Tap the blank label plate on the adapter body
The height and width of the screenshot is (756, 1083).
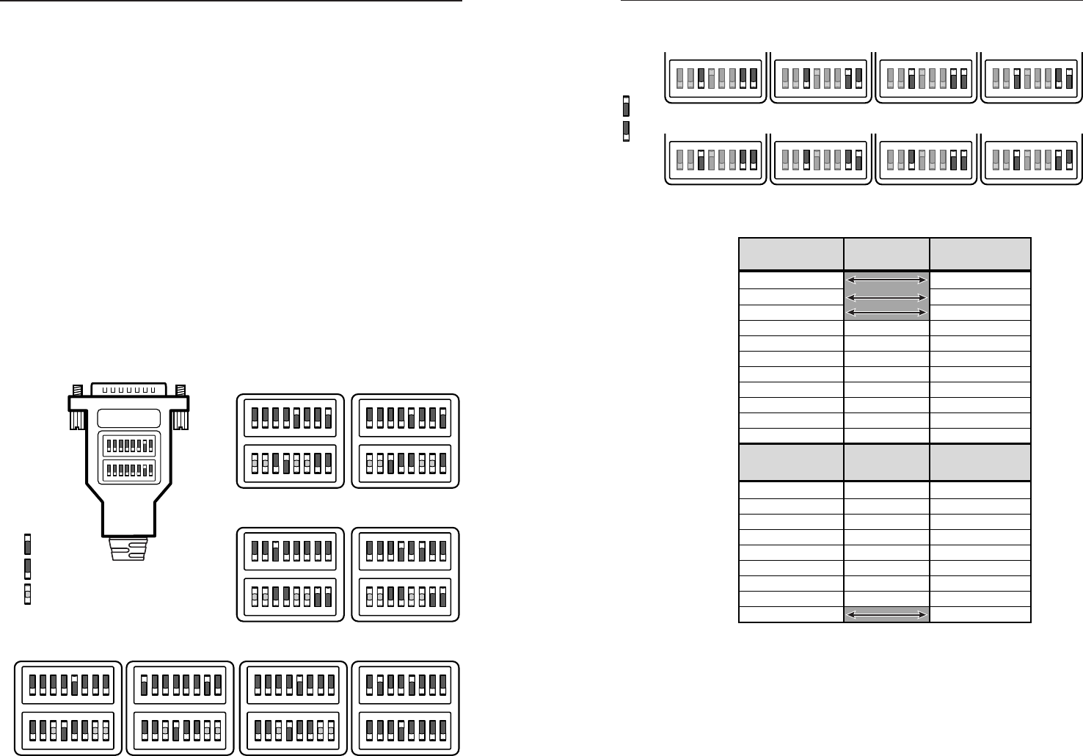128,418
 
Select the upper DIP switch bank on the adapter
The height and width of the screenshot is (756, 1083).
128,445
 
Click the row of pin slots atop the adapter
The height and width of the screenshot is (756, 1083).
128,390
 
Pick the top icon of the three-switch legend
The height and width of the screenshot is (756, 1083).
28,544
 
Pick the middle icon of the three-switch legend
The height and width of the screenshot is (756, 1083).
28,568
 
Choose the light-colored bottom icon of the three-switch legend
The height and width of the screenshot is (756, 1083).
28,593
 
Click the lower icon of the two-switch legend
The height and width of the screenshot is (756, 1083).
625,131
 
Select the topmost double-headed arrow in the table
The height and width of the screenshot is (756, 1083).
886,280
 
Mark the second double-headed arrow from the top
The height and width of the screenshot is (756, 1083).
886,297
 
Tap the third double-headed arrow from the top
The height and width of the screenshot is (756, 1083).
886,312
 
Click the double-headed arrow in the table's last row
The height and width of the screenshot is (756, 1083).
886,614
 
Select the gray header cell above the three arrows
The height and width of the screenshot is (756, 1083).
886,254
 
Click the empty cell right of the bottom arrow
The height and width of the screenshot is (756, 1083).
980,614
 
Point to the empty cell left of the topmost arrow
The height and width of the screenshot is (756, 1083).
791,280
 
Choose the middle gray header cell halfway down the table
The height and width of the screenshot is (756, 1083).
886,462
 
